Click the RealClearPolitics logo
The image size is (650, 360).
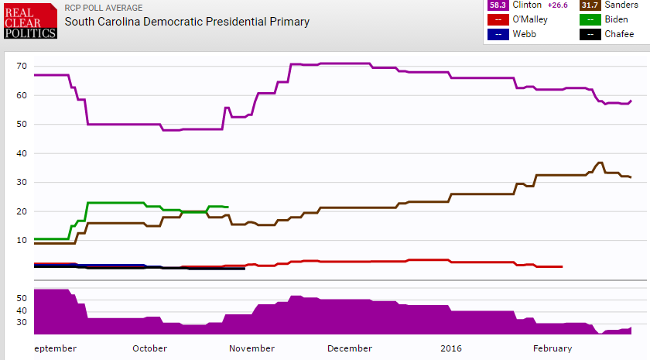29,21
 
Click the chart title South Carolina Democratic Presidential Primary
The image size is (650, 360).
186,22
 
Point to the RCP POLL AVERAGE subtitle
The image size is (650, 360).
104,9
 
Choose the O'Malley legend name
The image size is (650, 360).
530,19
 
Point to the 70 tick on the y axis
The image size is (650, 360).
22,66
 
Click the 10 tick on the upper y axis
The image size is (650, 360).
22,240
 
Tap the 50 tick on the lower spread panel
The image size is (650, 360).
22,297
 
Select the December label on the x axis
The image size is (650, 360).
349,349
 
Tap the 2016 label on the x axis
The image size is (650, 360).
451,349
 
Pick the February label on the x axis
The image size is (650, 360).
552,349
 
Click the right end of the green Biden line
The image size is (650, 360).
227,207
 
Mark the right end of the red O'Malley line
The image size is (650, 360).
562,266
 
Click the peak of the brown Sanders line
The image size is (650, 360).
600,163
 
